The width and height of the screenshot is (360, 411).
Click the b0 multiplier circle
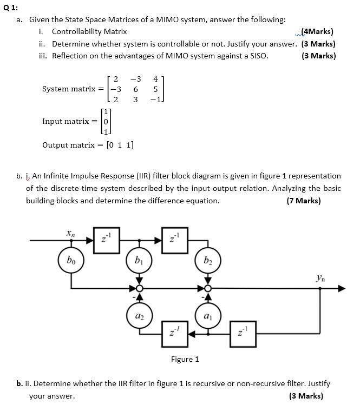[x=70, y=261]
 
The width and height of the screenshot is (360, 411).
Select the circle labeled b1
[x=140, y=261]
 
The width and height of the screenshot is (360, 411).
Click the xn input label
[x=70, y=233]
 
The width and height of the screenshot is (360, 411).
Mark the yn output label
[x=321, y=279]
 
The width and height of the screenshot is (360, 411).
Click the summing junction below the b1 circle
[x=140, y=289]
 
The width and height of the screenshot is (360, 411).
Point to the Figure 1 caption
[x=185, y=359]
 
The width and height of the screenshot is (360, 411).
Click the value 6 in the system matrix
[x=135, y=89]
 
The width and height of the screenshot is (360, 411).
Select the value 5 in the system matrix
[x=156, y=89]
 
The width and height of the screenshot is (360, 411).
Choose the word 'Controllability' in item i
[x=82, y=31]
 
